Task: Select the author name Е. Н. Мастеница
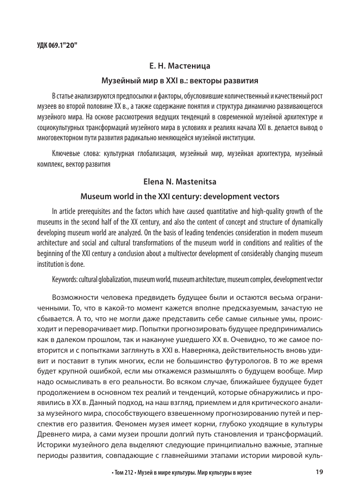coord(180,66)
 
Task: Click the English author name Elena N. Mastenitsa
coord(180,182)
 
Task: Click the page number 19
coord(319,472)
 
